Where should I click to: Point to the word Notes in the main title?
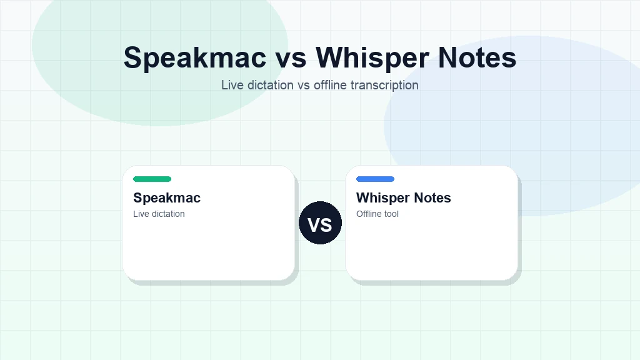click(x=477, y=57)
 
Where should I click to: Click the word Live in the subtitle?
click(x=232, y=85)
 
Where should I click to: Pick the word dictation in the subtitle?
click(x=269, y=85)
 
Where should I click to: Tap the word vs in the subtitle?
click(x=304, y=85)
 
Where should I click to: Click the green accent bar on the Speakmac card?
click(x=152, y=179)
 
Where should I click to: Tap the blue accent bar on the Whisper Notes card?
click(x=375, y=179)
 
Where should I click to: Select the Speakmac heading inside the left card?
click(x=167, y=198)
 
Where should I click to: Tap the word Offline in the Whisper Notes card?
click(x=369, y=214)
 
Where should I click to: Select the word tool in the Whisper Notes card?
click(x=392, y=214)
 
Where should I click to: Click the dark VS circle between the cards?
click(x=320, y=223)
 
